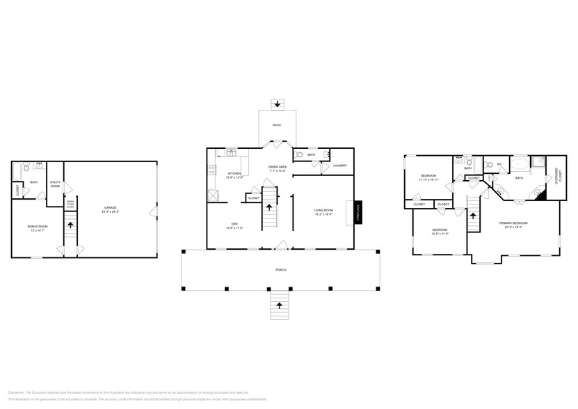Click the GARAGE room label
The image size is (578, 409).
point(110,207)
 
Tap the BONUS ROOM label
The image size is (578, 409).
point(38,227)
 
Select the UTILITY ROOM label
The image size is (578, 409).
point(55,184)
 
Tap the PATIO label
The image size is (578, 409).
point(278,125)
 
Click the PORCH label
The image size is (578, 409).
point(280,269)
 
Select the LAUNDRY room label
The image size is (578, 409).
point(339,166)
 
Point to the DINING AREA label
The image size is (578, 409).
point(279,167)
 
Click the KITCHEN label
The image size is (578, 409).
point(234,173)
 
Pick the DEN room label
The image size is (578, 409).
point(234,223)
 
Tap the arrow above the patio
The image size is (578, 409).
point(278,104)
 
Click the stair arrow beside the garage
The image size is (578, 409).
point(69,225)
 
